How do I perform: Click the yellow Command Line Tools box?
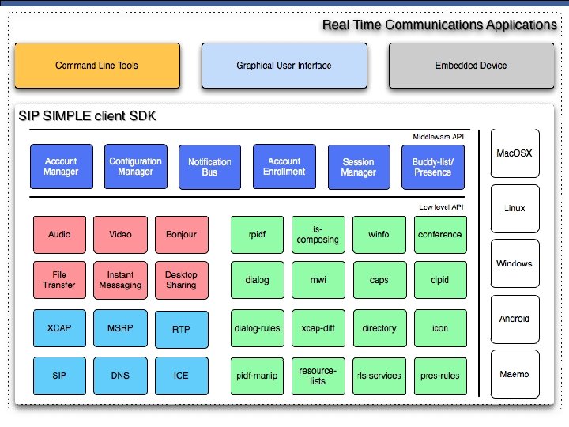tap(96, 65)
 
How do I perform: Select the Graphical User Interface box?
tap(284, 65)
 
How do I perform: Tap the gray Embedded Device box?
tap(471, 65)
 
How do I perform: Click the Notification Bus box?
tap(209, 167)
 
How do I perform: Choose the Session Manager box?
tap(358, 167)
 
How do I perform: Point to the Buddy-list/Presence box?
tap(432, 167)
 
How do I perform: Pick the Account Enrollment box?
tap(284, 166)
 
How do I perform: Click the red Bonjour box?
tap(181, 235)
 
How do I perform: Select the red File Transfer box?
tap(59, 280)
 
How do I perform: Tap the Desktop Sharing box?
tap(181, 280)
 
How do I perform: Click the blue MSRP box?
tap(120, 327)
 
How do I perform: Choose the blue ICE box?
tap(181, 376)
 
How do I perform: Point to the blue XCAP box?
tap(59, 327)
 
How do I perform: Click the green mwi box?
tap(318, 280)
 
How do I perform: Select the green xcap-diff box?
tap(318, 328)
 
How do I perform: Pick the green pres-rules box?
tap(440, 376)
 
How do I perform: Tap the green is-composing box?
tap(318, 235)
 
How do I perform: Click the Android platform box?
tap(514, 319)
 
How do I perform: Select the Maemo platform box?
tap(514, 374)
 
